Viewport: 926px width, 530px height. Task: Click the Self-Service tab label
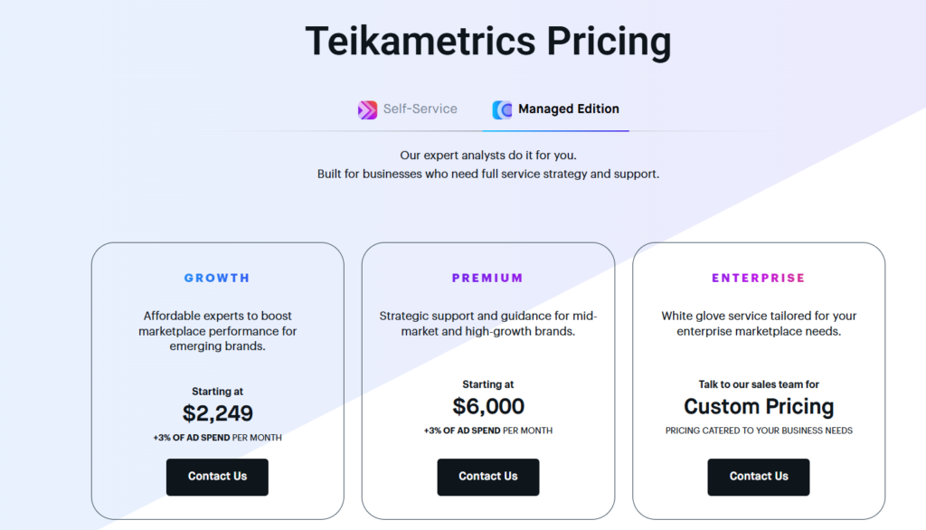coord(420,109)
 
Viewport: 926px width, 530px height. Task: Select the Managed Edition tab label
coord(568,109)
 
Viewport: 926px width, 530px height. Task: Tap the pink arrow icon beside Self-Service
coord(367,110)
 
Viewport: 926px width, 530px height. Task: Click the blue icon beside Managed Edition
coord(502,110)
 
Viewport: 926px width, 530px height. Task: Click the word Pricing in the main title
coord(609,42)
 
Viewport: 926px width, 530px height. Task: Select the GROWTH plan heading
coord(217,279)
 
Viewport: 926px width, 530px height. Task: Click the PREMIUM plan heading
coord(487,279)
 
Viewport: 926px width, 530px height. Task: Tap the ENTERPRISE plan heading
coord(758,279)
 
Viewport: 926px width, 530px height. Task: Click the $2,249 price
coord(217,413)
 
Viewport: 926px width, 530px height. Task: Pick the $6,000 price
coord(488,406)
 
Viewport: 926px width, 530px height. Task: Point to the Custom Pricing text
coord(759,406)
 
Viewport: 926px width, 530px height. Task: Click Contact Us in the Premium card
coord(488,477)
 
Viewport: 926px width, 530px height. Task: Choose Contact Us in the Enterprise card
coord(759,477)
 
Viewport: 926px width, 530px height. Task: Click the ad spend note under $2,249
coord(217,438)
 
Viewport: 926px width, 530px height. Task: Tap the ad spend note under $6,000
coord(488,431)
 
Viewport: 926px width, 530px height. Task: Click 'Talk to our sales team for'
coord(759,384)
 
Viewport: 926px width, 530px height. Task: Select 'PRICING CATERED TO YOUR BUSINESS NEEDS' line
coord(759,431)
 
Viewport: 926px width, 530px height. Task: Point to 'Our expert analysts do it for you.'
coord(488,156)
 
